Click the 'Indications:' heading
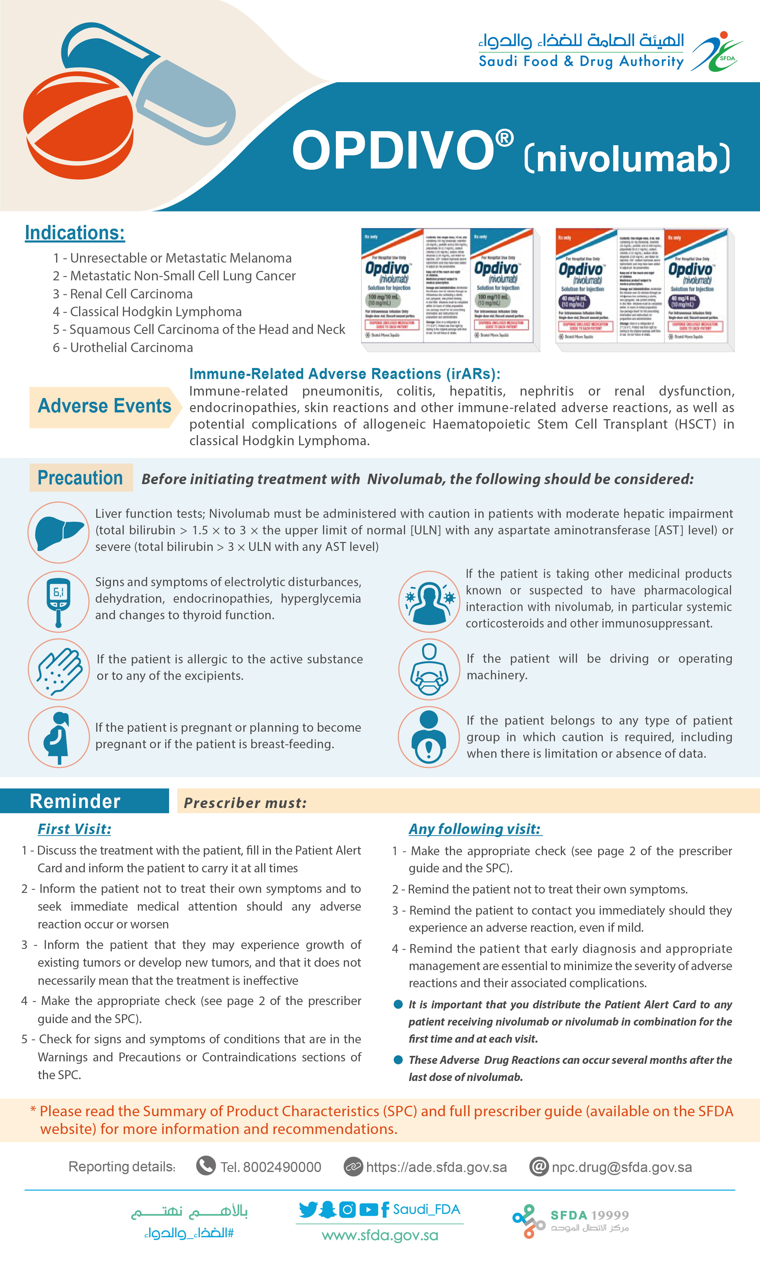75,233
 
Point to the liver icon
59,533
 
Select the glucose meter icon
59,601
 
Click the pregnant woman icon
59,737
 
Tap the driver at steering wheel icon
429,669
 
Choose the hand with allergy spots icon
59,669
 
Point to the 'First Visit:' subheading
74,829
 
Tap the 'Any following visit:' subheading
475,829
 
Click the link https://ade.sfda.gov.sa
436,1167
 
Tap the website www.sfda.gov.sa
379,1235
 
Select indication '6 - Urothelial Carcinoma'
123,348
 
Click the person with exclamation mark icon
429,737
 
